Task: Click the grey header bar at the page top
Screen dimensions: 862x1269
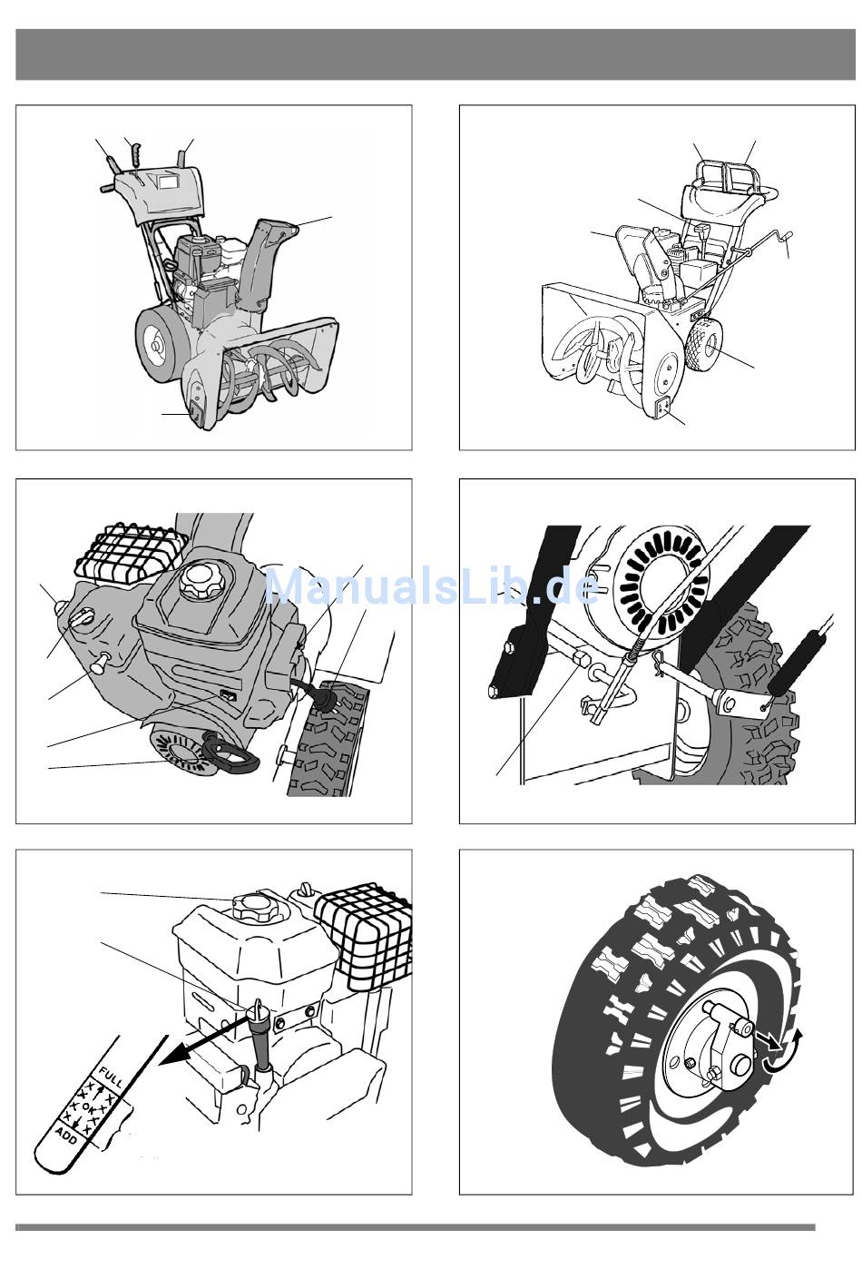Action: (431, 54)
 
